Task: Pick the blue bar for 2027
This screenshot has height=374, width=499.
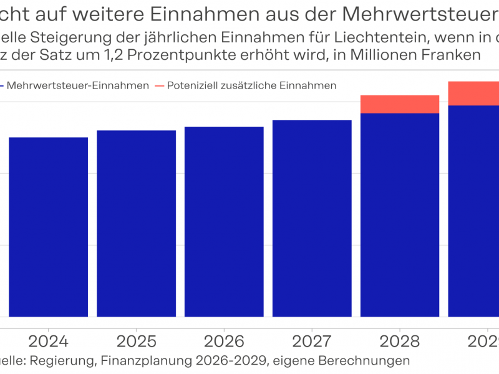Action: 312,218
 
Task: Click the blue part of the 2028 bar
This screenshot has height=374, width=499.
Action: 400,214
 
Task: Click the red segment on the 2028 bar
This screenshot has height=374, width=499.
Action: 400,104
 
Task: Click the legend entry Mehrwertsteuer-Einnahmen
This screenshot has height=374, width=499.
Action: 77,85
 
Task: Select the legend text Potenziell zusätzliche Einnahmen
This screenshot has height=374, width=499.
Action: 251,85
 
